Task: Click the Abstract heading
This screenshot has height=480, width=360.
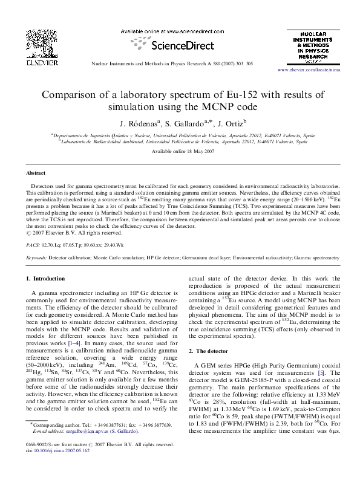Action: coord(35,172)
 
